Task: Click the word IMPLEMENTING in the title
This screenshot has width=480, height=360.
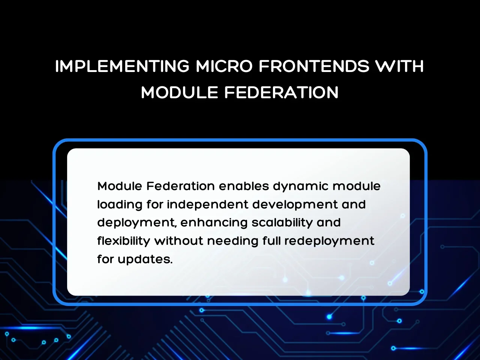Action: [122, 66]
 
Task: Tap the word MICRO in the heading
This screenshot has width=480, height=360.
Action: [224, 66]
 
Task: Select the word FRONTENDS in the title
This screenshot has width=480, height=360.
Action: [314, 66]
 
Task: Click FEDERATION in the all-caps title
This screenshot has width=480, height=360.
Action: [282, 92]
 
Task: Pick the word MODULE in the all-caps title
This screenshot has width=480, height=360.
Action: [180, 92]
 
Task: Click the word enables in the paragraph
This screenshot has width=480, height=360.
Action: [244, 186]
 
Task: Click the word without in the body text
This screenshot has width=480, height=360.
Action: [178, 241]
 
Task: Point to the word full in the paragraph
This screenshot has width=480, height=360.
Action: [271, 241]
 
